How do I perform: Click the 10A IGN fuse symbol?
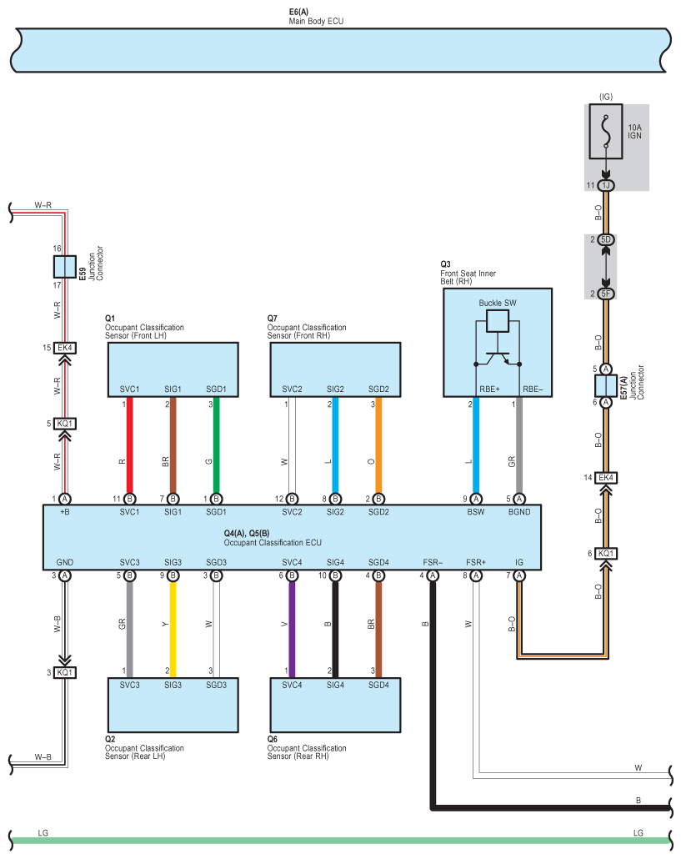[605, 132]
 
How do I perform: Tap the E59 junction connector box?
[64, 267]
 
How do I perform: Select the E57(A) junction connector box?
[605, 385]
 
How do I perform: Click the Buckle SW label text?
[497, 303]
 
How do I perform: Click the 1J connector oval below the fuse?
[605, 185]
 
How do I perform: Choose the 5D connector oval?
[605, 239]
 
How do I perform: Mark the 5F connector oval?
[605, 294]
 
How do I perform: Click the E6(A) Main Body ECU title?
[316, 17]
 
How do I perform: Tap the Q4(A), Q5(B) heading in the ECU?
[247, 533]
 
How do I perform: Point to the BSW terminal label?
[476, 512]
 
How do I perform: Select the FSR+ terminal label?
[476, 562]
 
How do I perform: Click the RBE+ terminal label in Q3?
[489, 389]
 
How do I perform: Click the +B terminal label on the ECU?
[64, 512]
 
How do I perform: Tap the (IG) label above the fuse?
[605, 97]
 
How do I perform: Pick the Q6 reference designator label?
[272, 739]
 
